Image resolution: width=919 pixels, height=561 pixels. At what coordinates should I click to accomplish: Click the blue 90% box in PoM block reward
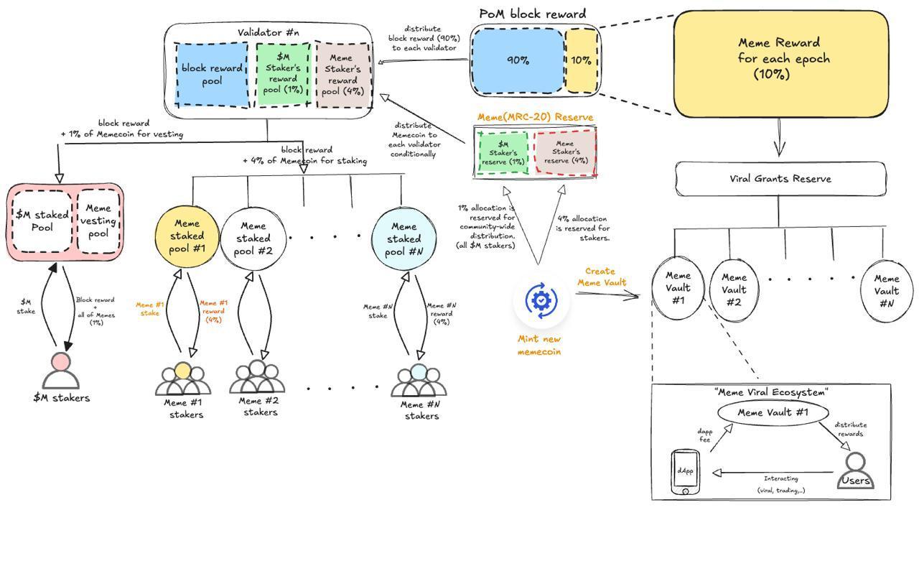518,60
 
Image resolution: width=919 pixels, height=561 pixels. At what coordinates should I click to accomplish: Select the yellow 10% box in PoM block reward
581,60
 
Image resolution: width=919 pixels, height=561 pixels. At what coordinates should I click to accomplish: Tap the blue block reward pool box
212,75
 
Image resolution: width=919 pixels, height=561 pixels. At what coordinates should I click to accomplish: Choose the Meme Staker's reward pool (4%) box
342,75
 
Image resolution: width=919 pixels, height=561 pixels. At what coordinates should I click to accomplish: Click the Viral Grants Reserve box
780,179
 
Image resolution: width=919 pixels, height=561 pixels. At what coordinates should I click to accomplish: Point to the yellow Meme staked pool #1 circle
187,236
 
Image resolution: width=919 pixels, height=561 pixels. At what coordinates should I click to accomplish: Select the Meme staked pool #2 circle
253,238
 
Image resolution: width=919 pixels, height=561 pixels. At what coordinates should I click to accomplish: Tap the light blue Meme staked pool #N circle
403,238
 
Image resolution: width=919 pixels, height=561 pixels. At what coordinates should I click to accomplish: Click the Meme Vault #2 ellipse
733,289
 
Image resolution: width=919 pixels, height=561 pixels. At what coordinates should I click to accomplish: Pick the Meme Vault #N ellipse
886,290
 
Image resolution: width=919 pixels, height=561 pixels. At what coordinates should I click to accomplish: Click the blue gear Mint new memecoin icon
541,301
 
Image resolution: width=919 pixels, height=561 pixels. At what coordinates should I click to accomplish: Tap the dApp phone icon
685,472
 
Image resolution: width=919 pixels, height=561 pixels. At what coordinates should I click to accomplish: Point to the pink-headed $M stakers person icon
61,371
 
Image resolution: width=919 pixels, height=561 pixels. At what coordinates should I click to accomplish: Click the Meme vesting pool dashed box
98,221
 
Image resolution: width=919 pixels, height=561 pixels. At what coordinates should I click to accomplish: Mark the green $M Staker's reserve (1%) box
503,152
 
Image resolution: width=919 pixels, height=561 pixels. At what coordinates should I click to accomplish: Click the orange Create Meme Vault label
601,277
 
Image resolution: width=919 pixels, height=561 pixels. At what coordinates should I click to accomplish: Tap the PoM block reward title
532,14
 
